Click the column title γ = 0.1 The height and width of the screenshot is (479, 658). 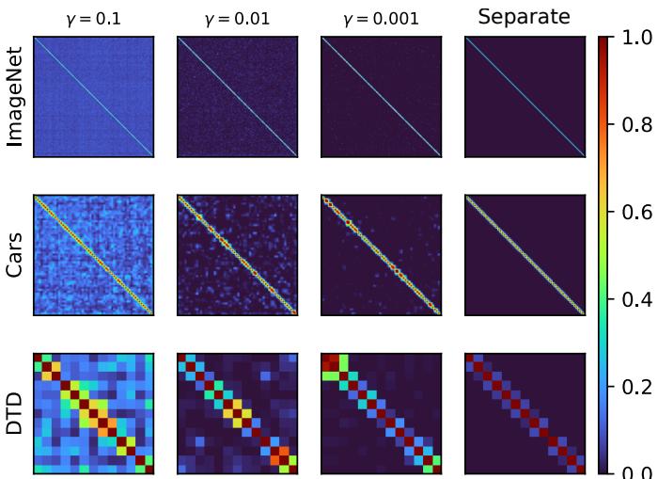[93, 19]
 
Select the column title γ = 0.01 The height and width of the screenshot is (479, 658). [237, 19]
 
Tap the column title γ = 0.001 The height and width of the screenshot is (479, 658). [381, 19]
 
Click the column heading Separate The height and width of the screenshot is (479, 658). [525, 17]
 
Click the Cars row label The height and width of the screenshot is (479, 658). [15, 256]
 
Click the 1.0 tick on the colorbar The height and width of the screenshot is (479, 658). [634, 39]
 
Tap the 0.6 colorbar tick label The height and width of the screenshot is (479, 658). [634, 213]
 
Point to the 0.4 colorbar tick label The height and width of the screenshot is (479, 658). [634, 300]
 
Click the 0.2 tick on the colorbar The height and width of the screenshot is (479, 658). [634, 387]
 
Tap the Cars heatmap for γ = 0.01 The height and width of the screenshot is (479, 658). [237, 256]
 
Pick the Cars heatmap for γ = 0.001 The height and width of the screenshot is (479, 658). [381, 256]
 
